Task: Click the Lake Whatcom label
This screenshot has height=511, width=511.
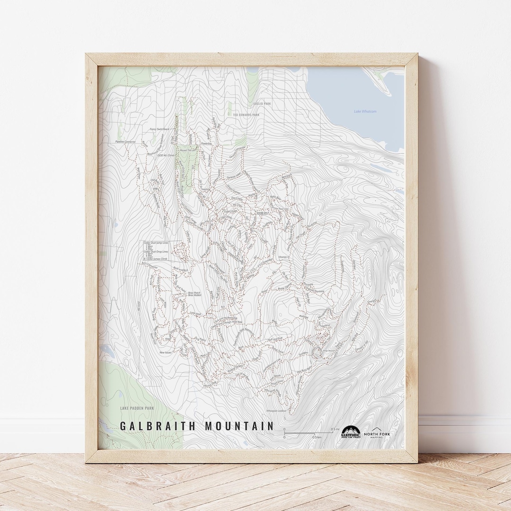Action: pos(365,111)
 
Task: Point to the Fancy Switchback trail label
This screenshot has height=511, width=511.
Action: pos(160,129)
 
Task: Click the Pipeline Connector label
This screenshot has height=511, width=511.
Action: pos(125,142)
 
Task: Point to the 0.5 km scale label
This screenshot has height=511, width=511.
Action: pos(317,437)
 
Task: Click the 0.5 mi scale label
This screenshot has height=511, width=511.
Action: pos(335,429)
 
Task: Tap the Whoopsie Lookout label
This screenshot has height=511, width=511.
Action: pos(276,411)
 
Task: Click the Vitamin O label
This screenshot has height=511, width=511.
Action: pos(284,257)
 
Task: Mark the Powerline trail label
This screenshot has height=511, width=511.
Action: pos(206,143)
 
